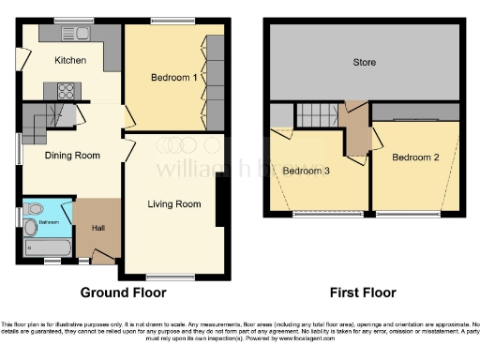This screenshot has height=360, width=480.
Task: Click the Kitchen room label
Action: [x=70, y=61]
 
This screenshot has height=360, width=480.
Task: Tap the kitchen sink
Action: [x=72, y=35]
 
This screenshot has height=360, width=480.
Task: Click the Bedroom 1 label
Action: [x=173, y=78]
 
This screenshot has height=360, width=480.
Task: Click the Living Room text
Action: [x=174, y=204]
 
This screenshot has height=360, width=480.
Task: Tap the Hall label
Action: [x=97, y=228]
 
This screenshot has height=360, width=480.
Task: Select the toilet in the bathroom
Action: [x=30, y=227]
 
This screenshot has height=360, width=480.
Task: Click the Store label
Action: [x=364, y=63]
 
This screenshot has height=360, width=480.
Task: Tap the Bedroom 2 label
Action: [x=416, y=157]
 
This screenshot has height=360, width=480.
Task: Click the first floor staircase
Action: [x=317, y=116]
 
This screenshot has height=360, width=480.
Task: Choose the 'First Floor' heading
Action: [x=364, y=292]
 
